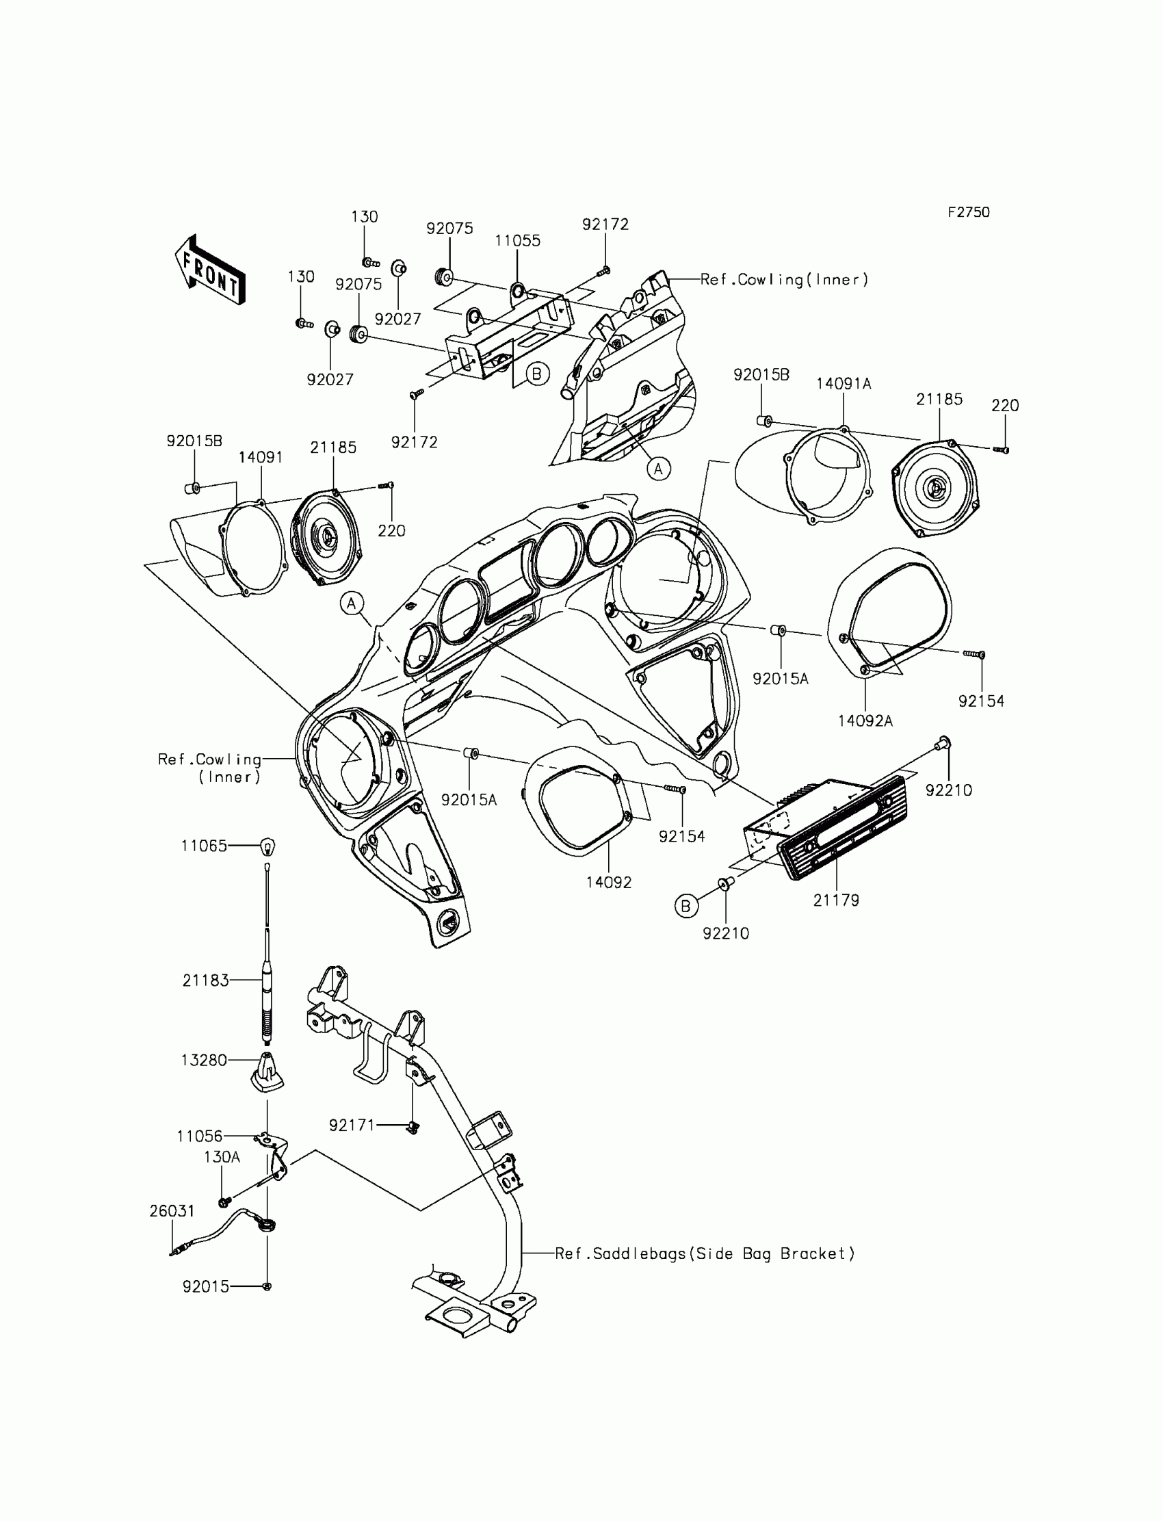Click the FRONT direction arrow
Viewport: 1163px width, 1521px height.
pos(210,271)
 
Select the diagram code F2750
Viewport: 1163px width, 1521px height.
pos(969,213)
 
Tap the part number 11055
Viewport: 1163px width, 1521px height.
pos(517,241)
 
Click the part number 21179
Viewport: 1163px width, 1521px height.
pos(835,900)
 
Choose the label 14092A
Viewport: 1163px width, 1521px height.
pos(865,720)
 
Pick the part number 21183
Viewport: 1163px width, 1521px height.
pos(205,980)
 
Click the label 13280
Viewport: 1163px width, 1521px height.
pos(204,1060)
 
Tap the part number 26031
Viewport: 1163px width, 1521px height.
pos(172,1211)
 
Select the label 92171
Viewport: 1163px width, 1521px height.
pos(352,1125)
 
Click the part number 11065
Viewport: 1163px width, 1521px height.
pos(204,846)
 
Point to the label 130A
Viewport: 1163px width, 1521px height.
pos(222,1157)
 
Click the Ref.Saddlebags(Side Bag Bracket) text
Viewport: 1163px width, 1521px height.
pos(705,1253)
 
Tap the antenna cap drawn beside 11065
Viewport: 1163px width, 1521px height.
pos(267,846)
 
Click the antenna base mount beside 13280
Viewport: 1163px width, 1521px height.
pos(267,1072)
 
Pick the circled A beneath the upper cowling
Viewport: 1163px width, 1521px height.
pos(658,469)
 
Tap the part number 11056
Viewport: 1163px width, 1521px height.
pos(199,1136)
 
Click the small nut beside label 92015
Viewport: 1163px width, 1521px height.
pos(267,1286)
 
